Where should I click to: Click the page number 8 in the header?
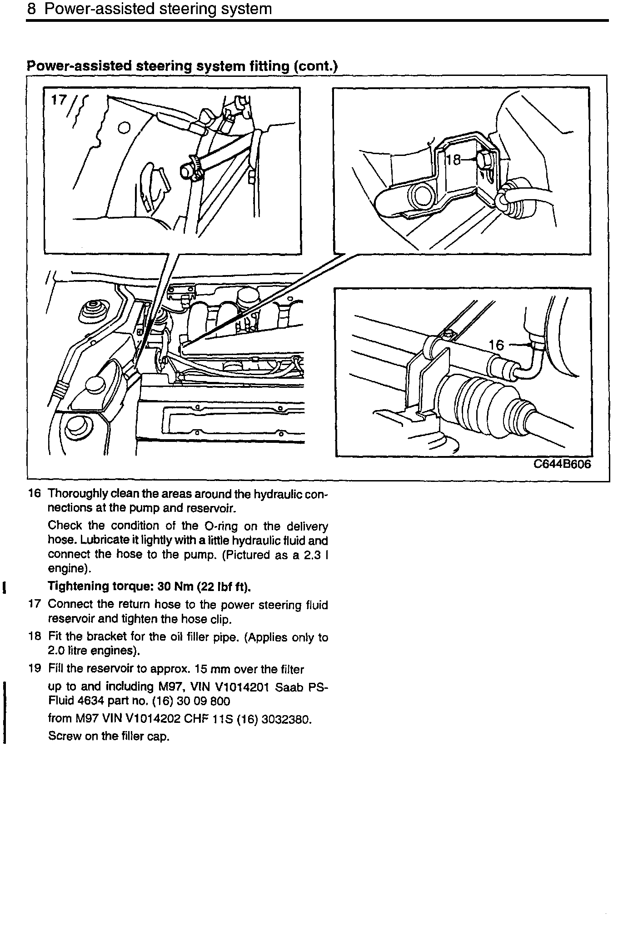31,10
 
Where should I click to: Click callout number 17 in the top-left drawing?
59,100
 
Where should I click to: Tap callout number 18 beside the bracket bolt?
453,160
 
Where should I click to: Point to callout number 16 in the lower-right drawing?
496,346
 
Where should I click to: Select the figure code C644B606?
562,465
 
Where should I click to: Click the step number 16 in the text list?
35,494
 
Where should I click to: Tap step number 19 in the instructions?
35,669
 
